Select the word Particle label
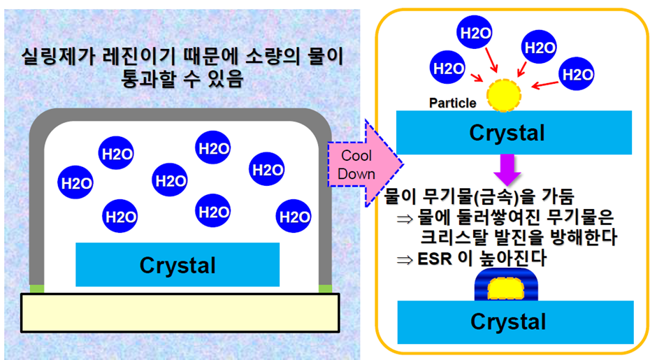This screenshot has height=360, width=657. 453,103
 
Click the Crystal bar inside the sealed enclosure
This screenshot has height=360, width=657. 178,265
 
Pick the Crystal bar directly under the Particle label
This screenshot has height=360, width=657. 507,133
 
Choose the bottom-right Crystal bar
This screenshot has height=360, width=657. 508,322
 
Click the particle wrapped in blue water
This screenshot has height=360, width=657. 508,287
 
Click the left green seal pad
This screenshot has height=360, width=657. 37,288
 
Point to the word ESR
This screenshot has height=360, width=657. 431,259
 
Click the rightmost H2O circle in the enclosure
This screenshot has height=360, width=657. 293,217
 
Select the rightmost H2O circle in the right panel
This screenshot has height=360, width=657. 578,73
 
